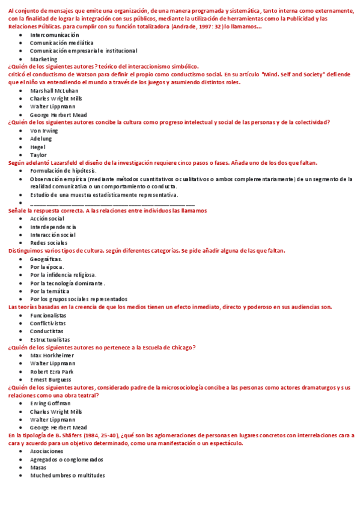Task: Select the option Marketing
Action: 44,60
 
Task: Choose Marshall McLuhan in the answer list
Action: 54,90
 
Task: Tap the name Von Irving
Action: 44,131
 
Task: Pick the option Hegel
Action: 38,147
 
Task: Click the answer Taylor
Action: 38,155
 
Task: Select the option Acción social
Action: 47,219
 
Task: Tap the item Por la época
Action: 47,267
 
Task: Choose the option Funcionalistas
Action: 48,315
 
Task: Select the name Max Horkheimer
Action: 52,355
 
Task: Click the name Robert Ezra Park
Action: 52,372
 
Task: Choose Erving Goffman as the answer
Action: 50,404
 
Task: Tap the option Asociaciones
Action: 47,451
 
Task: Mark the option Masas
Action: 38,467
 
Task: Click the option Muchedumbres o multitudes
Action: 67,475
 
